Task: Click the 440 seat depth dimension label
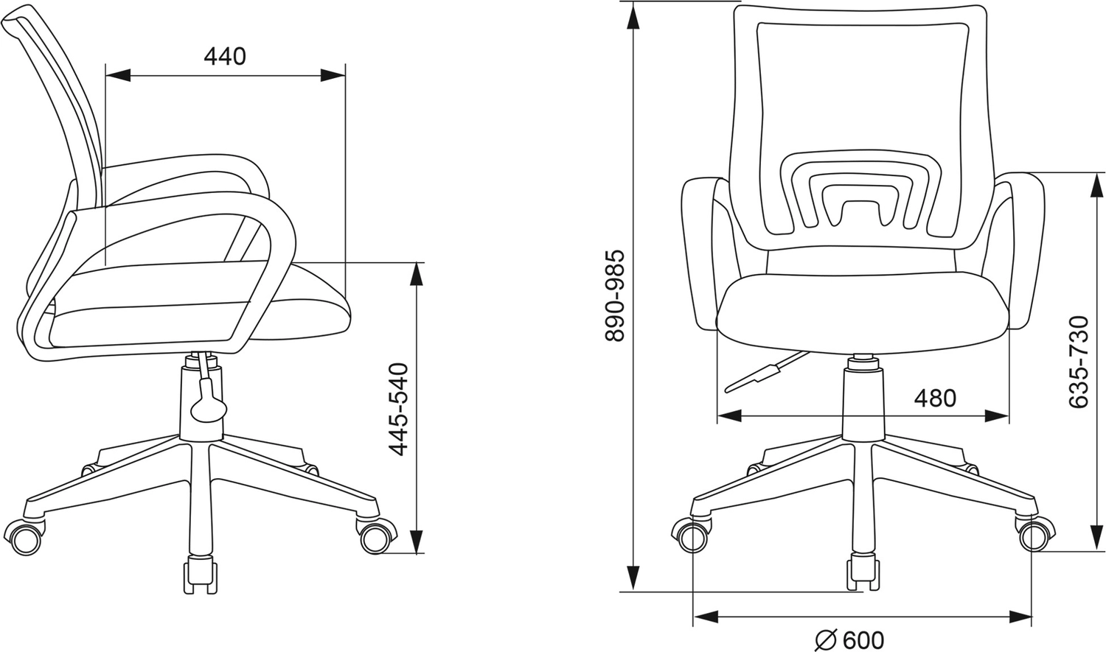[225, 57]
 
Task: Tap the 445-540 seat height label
[398, 410]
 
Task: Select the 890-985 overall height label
[615, 296]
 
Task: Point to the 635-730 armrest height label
[1078, 362]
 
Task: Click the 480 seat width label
[935, 398]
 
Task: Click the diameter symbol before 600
[827, 640]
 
